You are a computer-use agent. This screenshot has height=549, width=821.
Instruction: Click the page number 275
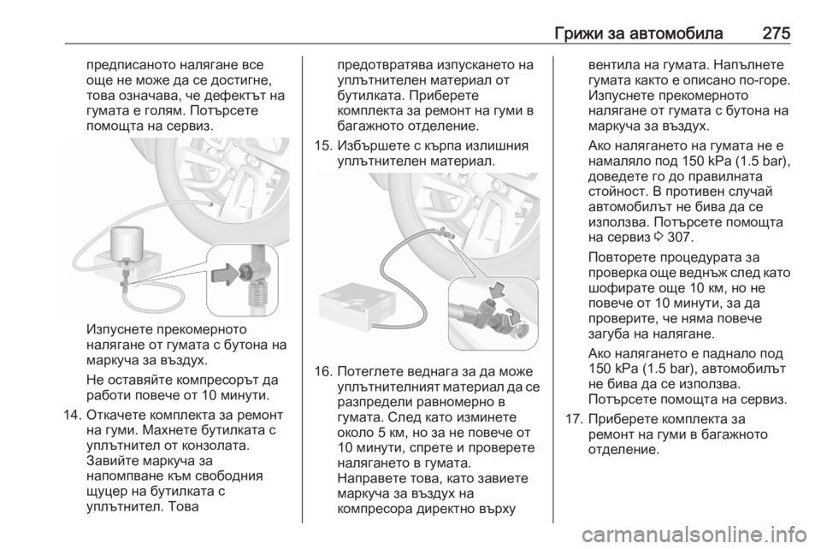[x=776, y=33]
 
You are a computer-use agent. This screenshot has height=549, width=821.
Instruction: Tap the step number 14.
[x=71, y=416]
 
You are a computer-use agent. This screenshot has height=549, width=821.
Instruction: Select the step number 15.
[x=322, y=145]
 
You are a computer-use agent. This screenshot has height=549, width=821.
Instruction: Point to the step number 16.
[x=322, y=372]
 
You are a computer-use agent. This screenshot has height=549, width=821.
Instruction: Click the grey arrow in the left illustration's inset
[x=225, y=274]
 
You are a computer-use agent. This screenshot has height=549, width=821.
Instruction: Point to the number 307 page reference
[x=680, y=237]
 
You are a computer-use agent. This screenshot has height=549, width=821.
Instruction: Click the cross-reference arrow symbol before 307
[x=659, y=238]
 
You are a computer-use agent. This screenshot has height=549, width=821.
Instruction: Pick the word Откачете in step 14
[x=115, y=416]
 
